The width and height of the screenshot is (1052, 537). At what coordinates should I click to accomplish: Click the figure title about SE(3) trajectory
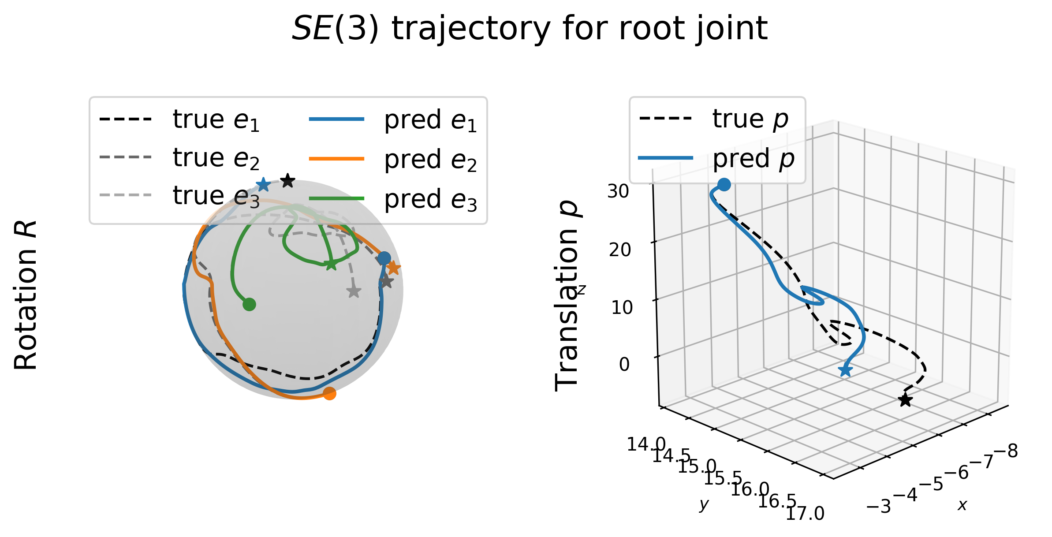pos(530,29)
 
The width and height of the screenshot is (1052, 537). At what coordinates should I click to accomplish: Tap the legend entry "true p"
pos(713,119)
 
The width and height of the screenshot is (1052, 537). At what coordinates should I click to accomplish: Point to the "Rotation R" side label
pos(26,295)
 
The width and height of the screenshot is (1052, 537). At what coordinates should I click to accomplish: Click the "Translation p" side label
pos(567,296)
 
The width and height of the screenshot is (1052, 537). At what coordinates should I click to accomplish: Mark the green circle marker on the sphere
pos(249,304)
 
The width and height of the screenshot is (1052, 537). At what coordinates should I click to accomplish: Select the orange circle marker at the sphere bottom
pos(329,393)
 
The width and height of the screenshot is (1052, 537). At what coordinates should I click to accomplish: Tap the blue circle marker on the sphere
pos(384,258)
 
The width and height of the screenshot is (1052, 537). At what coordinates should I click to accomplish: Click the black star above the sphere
pos(287,180)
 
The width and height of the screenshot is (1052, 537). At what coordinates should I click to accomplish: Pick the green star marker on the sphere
pos(330,265)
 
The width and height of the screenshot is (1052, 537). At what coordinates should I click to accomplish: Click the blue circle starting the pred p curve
pos(724,185)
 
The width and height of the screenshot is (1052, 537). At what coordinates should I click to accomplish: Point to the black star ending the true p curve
pos(905,400)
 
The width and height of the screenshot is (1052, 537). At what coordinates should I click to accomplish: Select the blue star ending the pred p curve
pos(845,370)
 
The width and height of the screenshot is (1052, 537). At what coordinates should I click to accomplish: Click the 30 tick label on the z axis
pos(618,191)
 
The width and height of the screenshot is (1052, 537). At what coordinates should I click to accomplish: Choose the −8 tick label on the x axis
pos(1006,451)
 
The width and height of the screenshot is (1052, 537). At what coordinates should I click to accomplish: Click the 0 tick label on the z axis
pos(624,365)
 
